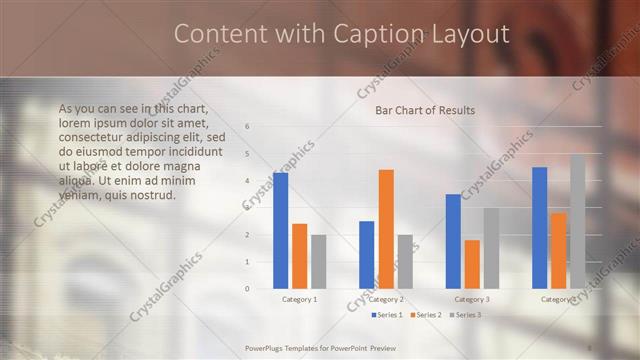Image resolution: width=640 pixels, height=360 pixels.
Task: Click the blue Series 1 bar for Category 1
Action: [x=280, y=231]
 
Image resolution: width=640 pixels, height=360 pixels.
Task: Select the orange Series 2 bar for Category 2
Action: [x=385, y=229]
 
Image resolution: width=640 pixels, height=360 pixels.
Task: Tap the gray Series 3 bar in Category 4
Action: [x=577, y=222]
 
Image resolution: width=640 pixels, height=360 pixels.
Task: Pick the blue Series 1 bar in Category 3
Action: [x=453, y=241]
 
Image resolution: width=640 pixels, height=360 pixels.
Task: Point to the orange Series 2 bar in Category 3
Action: [x=472, y=264]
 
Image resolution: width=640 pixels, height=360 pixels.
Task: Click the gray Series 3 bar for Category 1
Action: [x=318, y=261]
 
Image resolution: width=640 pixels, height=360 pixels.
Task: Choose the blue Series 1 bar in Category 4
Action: [x=539, y=228]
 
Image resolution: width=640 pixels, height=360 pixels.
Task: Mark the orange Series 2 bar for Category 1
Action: [x=299, y=256]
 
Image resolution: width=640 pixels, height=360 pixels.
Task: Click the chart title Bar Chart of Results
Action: [x=425, y=110]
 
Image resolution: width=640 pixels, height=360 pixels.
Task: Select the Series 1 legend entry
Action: [x=389, y=315]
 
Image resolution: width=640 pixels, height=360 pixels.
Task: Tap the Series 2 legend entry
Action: [x=427, y=315]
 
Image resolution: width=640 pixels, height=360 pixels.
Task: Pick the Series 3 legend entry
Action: [x=466, y=315]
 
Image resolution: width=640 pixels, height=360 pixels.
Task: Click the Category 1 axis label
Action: [x=299, y=299]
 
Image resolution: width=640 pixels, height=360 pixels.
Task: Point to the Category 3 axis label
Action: [x=472, y=299]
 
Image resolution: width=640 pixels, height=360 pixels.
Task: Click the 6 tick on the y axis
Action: [x=247, y=127]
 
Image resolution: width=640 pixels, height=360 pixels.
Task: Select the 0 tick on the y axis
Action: [x=247, y=288]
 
